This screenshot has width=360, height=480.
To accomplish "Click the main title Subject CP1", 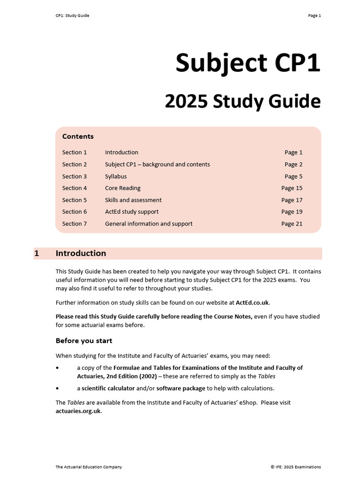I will (248, 63).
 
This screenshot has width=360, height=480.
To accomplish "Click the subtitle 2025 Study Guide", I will (242, 101).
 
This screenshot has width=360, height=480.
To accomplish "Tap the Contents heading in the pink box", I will (78, 136).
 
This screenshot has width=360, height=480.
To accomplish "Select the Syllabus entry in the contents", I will (116, 176).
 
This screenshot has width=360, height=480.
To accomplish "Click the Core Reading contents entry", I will (122, 188).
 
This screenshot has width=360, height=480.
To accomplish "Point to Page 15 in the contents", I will (292, 188).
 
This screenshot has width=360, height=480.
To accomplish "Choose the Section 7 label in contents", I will (75, 224).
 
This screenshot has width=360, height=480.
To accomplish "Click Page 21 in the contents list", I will (292, 224).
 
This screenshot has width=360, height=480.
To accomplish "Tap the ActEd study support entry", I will (132, 211).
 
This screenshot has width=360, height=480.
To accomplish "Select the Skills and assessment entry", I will (133, 200).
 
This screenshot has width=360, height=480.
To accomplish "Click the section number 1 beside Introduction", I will (37, 254).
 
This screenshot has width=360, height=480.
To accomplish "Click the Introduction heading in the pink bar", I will (81, 254).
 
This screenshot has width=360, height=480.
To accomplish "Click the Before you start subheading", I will (84, 340).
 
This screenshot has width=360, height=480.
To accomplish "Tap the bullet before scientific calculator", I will (58, 388).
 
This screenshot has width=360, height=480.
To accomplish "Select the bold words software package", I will (180, 388).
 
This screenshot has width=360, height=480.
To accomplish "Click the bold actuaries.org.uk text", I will (78, 411).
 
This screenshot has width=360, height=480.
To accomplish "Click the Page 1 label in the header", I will (314, 15).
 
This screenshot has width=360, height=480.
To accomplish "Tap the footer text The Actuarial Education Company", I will (89, 467).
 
